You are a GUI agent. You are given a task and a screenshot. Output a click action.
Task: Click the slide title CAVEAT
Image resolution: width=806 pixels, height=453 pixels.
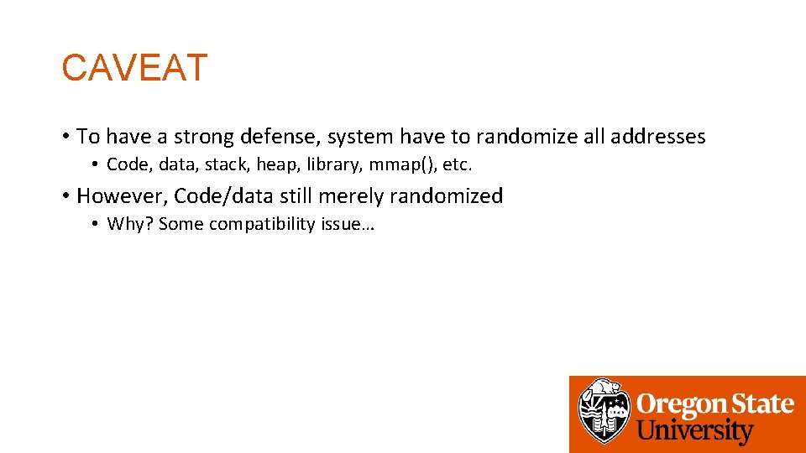pos(134,68)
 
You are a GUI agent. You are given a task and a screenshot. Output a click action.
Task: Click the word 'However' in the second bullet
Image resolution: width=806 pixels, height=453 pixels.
pos(121,196)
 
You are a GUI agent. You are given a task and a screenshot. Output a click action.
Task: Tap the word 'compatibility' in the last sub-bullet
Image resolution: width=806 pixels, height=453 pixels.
pos(262,224)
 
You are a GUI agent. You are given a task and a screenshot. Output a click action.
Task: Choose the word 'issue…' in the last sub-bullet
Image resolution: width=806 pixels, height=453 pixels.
pos(347,224)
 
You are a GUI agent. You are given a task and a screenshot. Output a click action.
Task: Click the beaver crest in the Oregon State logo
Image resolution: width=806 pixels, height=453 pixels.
pos(604,411)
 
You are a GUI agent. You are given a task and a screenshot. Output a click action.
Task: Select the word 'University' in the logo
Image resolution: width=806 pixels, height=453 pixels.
pos(695,431)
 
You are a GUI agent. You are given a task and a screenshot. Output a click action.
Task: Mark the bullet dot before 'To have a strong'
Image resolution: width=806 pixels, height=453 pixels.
pos(65,137)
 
